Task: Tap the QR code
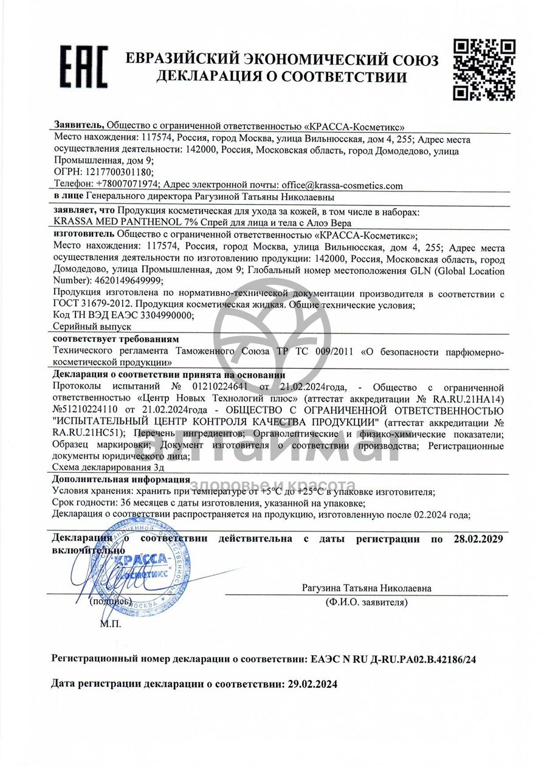485,69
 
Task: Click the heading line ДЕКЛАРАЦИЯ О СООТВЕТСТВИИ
281,77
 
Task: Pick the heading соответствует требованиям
115,338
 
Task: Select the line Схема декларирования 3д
108,467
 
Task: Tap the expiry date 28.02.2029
478,538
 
